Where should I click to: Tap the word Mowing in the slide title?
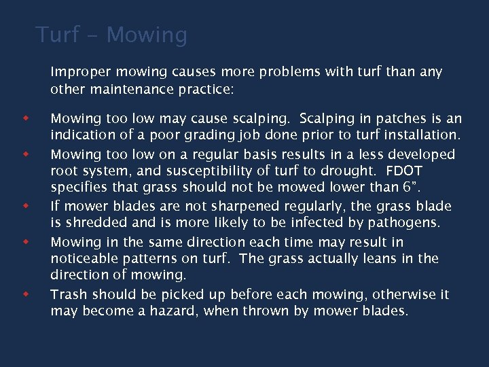tap(147, 34)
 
